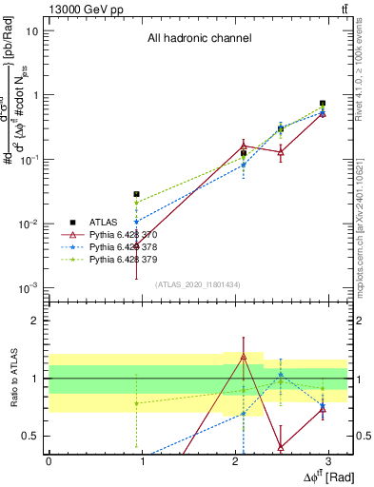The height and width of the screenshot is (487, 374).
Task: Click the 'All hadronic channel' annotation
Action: (x=198, y=39)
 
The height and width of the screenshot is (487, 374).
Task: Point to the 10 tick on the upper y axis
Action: (x=32, y=30)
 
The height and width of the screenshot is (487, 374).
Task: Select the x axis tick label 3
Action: (x=328, y=460)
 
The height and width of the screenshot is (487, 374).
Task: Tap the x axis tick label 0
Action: (x=49, y=460)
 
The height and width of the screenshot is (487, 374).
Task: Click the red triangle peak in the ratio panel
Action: (x=244, y=357)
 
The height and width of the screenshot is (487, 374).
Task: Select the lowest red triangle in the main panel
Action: (x=137, y=245)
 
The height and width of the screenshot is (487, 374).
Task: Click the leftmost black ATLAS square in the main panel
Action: (x=137, y=194)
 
